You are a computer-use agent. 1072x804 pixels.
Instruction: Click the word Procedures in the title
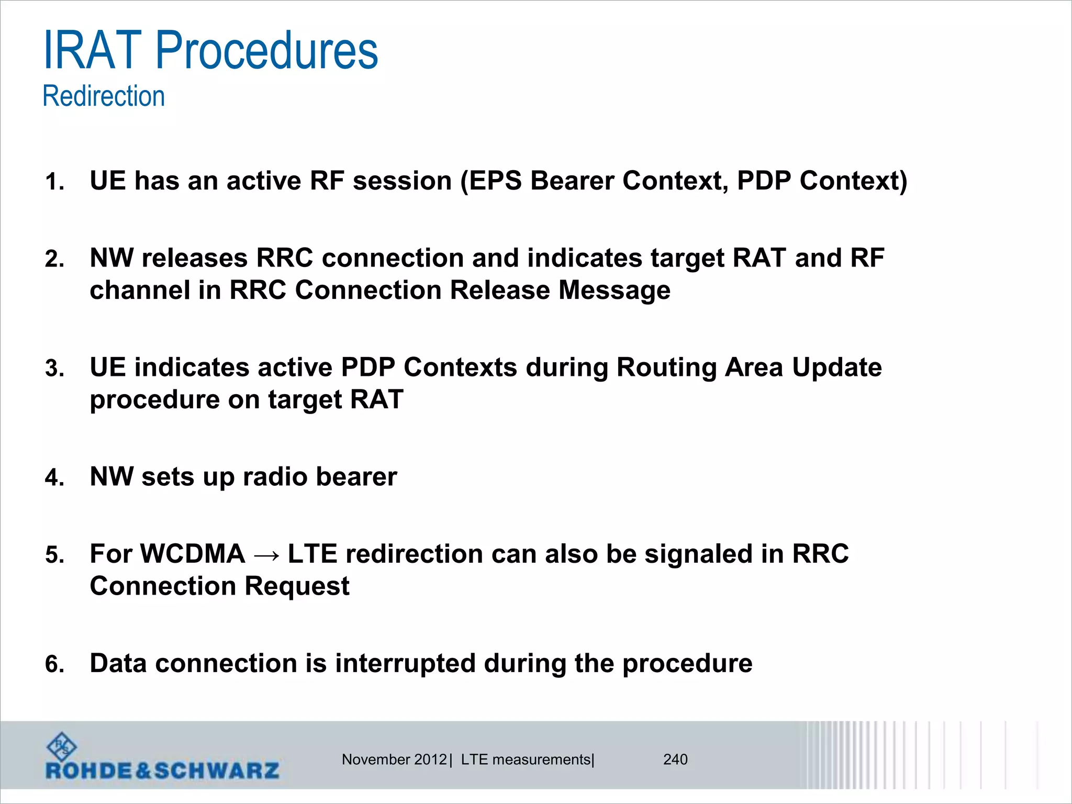266,51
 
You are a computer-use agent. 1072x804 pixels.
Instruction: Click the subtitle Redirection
104,96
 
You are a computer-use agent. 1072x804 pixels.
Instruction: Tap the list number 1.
54,182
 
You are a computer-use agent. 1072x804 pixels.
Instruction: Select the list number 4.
54,478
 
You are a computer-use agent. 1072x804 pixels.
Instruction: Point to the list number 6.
54,664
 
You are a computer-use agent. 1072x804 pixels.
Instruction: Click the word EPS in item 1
495,181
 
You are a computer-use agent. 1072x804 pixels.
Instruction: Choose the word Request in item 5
297,586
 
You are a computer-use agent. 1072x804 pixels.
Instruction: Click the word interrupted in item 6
405,664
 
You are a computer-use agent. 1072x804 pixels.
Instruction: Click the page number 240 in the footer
675,760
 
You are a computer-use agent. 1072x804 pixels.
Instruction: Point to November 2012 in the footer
394,760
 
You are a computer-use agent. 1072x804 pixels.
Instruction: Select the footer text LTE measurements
525,760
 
